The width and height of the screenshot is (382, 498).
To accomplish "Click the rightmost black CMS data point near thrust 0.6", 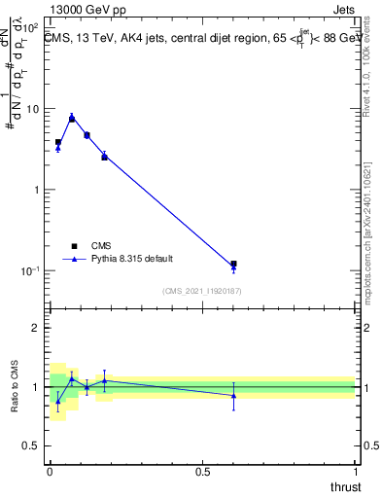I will tap(233, 264).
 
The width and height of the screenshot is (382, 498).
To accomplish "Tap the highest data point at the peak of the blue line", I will tap(72, 118).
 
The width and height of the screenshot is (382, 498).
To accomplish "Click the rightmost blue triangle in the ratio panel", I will tap(233, 395).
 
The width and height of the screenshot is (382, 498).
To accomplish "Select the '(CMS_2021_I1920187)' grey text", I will tap(201, 290).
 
